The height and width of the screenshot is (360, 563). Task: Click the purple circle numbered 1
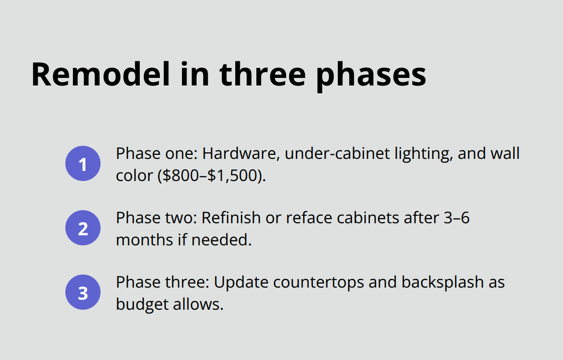click(83, 163)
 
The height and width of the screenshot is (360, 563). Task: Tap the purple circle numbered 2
click(83, 228)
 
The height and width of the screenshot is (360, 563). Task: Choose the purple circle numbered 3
click(83, 292)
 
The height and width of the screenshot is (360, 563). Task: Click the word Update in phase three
click(241, 282)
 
